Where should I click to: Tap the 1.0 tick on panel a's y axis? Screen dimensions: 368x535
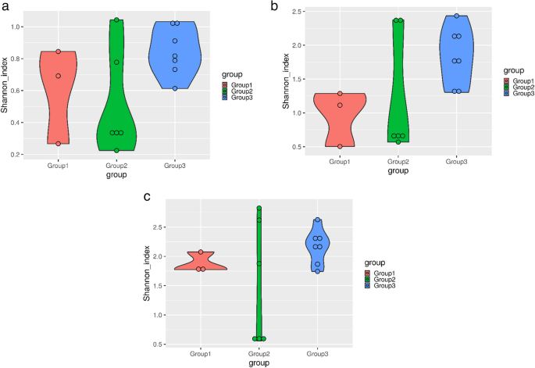[x=16, y=27]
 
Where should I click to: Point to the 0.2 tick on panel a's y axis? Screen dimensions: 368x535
[x=16, y=155]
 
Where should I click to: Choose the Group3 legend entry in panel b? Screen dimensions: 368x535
[x=519, y=93]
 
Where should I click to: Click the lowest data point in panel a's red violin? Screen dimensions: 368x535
[x=59, y=144]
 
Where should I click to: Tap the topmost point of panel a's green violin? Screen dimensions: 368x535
[x=117, y=20]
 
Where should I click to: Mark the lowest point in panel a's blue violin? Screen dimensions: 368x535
[x=175, y=88]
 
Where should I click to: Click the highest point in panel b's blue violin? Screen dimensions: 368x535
[x=457, y=16]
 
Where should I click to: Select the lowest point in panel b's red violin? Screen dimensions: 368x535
[x=340, y=146]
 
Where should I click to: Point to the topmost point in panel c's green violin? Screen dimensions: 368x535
[x=259, y=209]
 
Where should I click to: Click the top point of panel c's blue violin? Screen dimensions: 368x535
[x=317, y=220]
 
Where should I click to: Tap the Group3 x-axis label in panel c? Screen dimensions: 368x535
[x=317, y=354]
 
